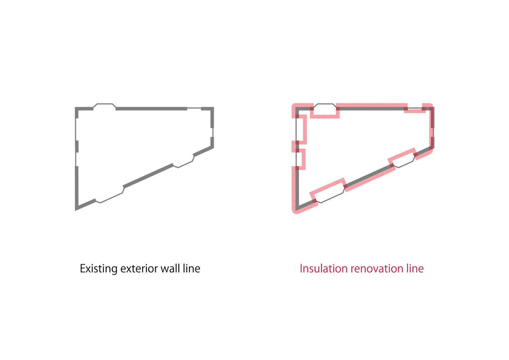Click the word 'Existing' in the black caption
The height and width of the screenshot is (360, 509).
[x=99, y=269]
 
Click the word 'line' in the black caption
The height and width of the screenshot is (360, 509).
[x=192, y=268]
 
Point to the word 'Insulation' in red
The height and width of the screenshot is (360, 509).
[x=324, y=268]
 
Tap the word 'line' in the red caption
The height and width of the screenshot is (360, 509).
[x=415, y=268]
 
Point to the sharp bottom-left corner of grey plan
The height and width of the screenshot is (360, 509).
[x=76, y=210]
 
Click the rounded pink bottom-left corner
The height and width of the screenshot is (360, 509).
[x=295, y=211]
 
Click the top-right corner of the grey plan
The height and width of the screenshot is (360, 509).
[x=214, y=107]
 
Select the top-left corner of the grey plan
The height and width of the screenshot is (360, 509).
[x=75, y=107]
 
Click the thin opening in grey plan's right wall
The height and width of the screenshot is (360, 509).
[x=213, y=132]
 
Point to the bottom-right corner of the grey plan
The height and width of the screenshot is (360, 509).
[x=214, y=148]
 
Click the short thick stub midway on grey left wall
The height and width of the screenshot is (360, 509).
[x=77, y=147]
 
